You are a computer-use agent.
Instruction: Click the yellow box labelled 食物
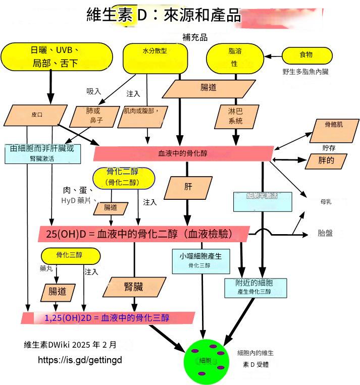coord(306,55)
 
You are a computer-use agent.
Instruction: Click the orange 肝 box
coord(188,187)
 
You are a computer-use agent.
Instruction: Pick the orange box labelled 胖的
coord(328,160)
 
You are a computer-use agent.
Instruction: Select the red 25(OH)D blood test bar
coord(143,234)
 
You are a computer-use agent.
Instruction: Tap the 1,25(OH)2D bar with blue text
coord(108,318)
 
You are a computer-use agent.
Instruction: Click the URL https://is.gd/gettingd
coord(80,360)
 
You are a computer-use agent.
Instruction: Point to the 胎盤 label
coord(325,233)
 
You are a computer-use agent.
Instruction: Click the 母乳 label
coord(326,201)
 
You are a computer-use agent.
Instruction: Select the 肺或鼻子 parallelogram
coord(94,116)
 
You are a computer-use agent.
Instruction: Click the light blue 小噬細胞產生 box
coord(200,260)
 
